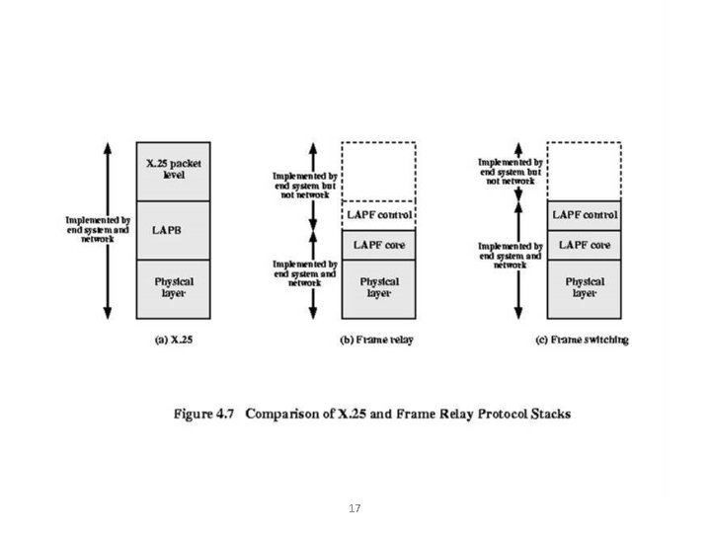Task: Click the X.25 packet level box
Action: tap(173, 170)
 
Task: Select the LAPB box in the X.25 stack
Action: tap(173, 229)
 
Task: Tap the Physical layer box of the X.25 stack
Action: tap(173, 288)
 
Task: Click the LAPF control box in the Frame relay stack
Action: tap(379, 214)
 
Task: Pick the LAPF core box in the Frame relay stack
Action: tap(379, 244)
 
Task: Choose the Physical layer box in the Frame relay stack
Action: tap(379, 288)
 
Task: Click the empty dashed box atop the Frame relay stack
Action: tap(379, 170)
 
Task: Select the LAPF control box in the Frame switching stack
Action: tap(585, 214)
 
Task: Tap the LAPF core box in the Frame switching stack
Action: tap(585, 244)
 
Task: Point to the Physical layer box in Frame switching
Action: tap(585, 288)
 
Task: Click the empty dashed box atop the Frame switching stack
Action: tap(585, 170)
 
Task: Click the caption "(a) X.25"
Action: tap(174, 340)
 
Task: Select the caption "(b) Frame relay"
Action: tap(377, 340)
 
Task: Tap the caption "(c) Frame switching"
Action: tap(584, 340)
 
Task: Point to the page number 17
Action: tap(355, 509)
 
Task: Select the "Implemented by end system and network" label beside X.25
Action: tap(98, 229)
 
